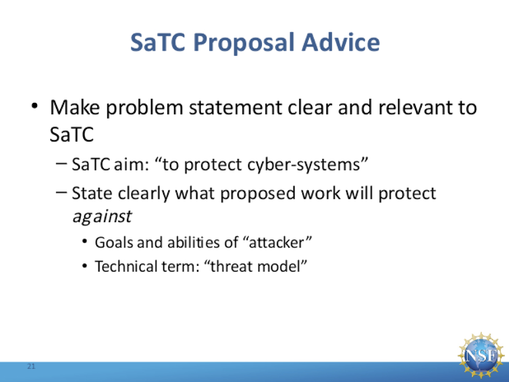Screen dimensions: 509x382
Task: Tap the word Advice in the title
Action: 340,42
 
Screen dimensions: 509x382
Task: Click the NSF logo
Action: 481,355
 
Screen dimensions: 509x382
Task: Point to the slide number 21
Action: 31,366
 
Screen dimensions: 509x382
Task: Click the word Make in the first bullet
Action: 75,107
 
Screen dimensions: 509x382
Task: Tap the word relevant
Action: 416,107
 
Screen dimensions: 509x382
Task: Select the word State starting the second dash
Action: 92,193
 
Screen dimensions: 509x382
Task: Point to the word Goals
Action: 114,242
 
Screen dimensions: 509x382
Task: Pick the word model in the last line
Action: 279,267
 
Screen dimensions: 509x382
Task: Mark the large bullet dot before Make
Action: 35,106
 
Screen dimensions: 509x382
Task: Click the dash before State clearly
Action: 62,192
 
